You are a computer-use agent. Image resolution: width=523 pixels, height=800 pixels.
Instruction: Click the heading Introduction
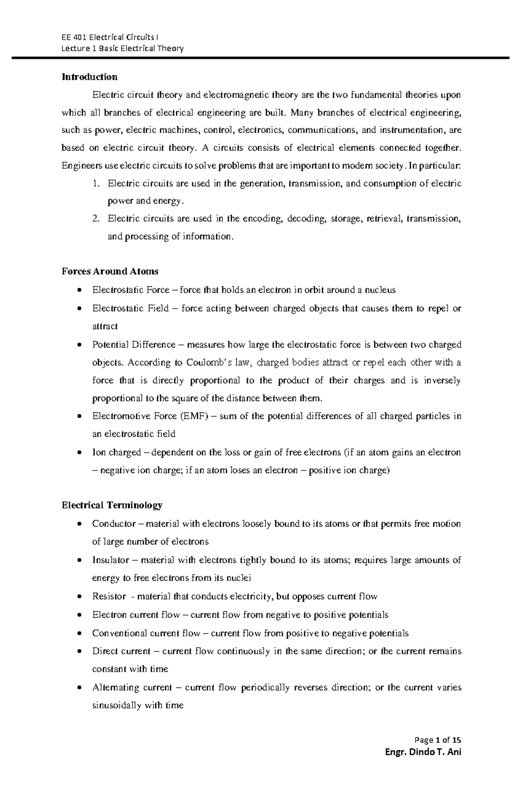[x=89, y=77]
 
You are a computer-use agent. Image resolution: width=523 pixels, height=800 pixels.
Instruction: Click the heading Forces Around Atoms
[x=110, y=272]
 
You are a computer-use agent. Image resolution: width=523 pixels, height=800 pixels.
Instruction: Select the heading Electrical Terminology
[x=112, y=505]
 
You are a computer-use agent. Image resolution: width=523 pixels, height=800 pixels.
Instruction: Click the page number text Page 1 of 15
[x=438, y=740]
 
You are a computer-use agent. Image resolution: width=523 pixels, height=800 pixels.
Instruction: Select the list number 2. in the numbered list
[x=96, y=218]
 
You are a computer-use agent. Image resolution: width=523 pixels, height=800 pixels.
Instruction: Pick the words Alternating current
[x=132, y=688]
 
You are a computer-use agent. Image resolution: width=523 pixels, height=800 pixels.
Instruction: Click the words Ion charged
[x=116, y=453]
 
